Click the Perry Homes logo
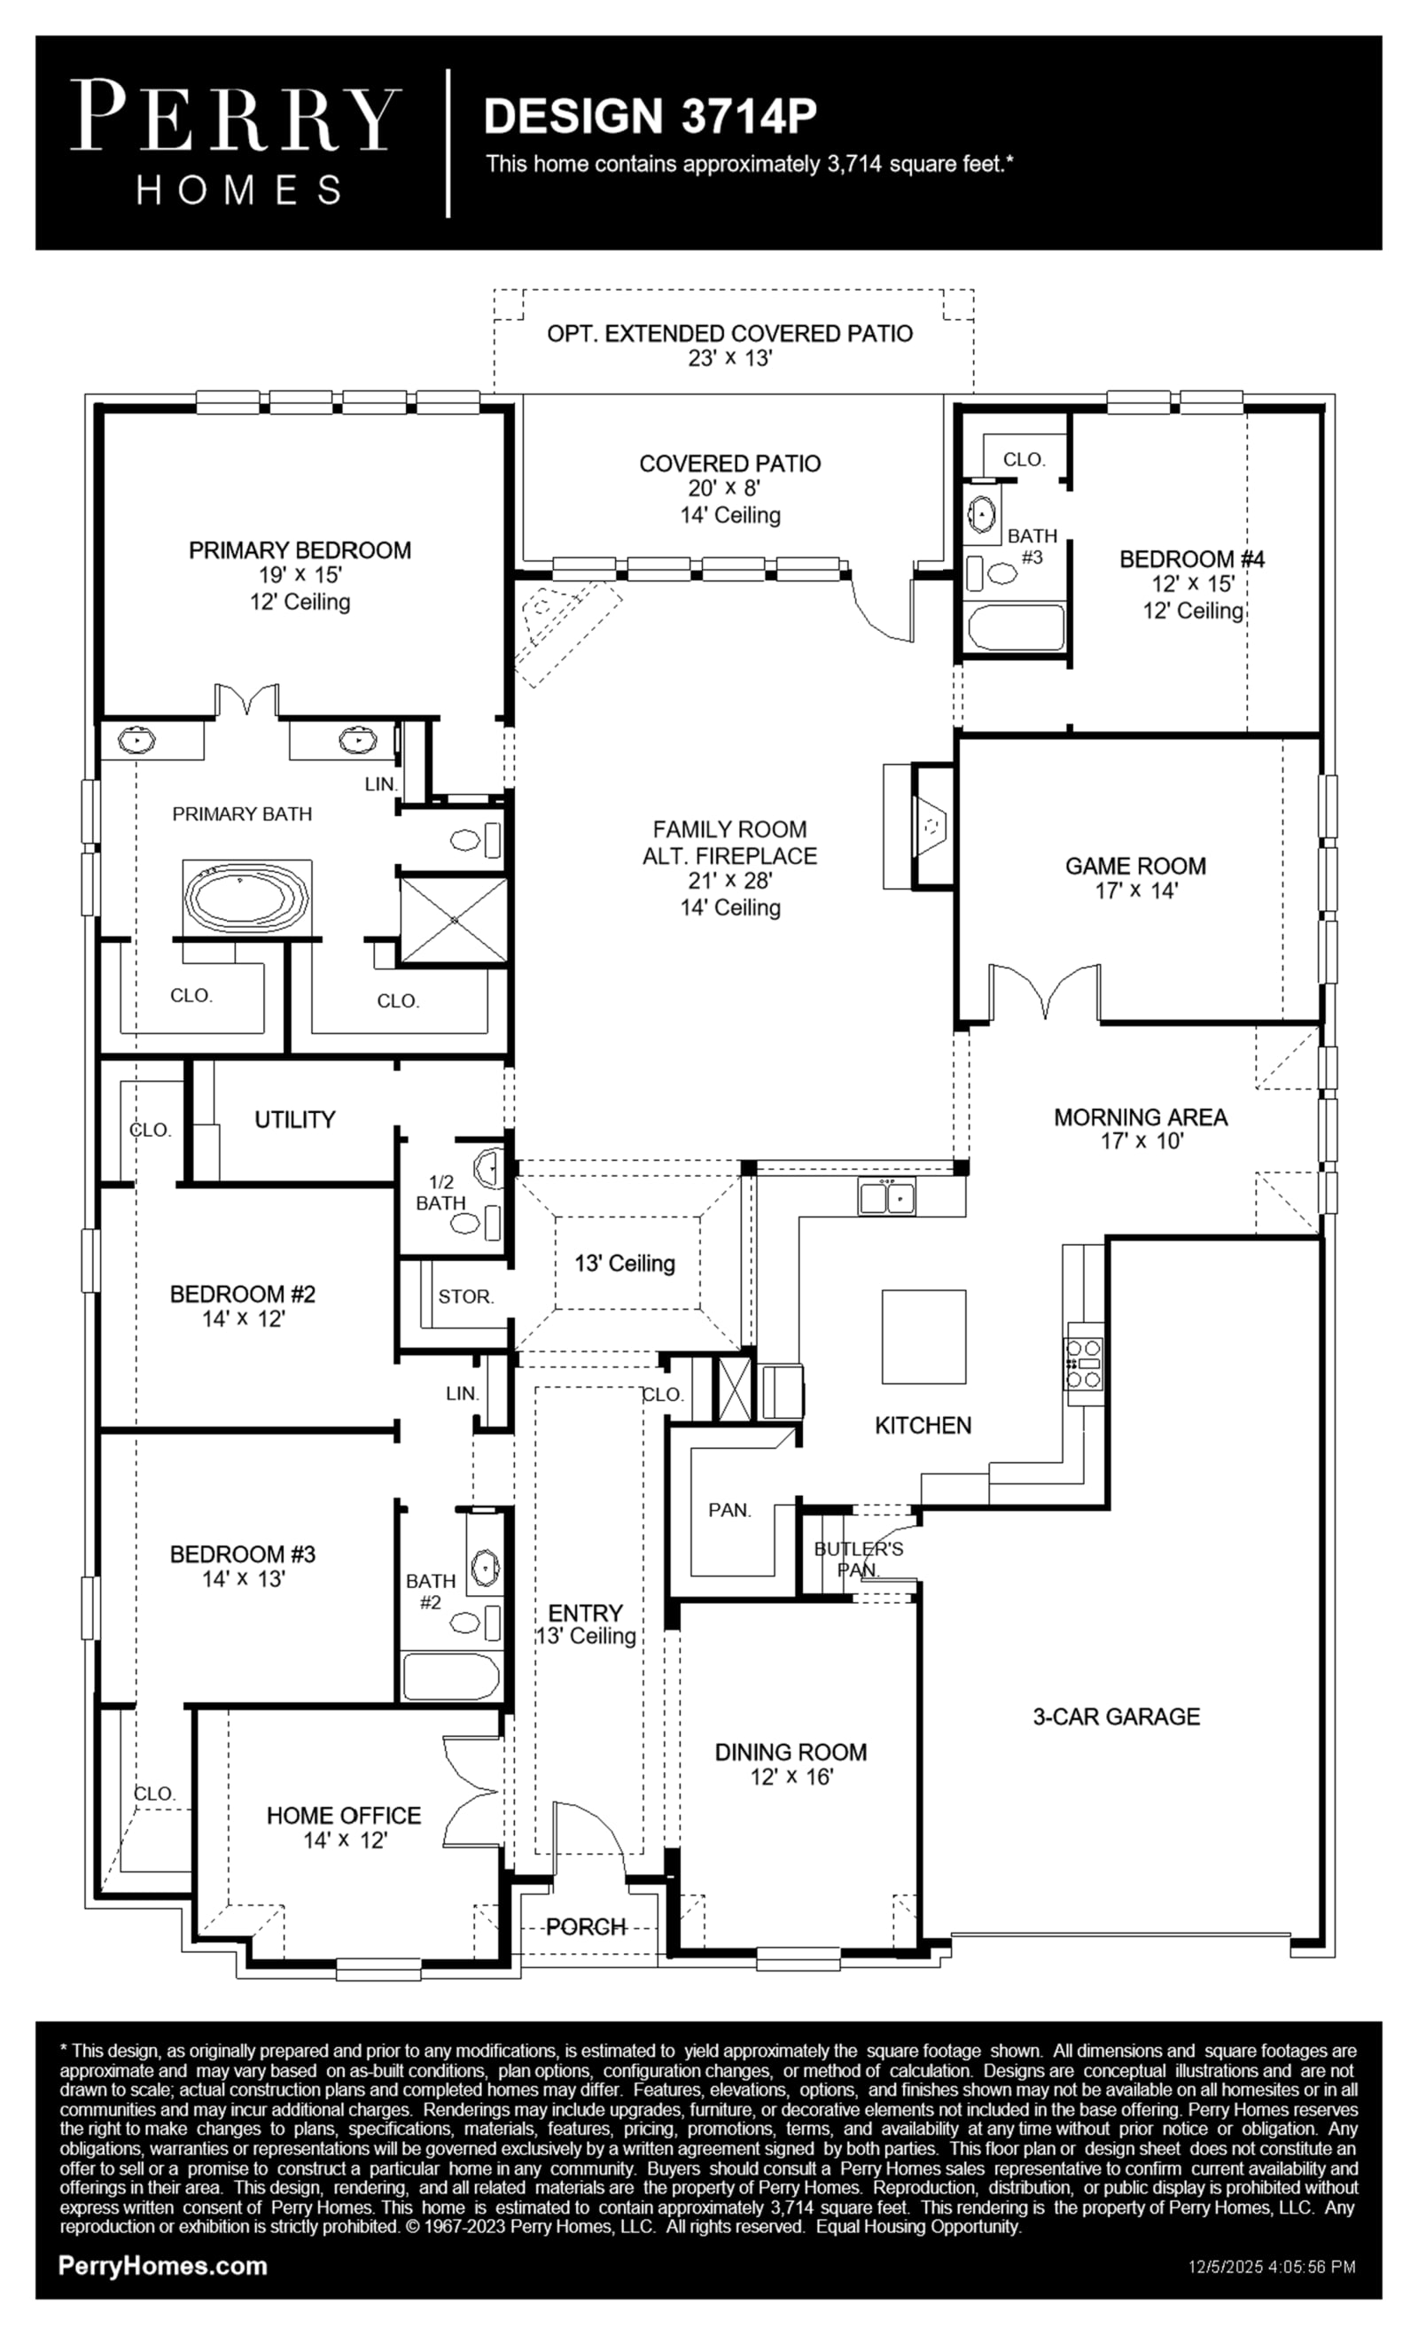point(235,142)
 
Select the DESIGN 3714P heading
point(651,117)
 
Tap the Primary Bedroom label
point(300,550)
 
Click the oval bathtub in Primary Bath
point(246,896)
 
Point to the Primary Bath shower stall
point(454,919)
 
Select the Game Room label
point(1135,866)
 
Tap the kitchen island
point(924,1337)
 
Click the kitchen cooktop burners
point(1085,1364)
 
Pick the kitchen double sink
point(887,1197)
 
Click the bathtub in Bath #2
point(451,1677)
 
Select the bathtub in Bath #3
point(1014,627)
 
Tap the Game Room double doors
point(1045,992)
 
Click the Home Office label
point(343,1816)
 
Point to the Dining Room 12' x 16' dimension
point(791,1777)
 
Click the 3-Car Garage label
point(1117,1716)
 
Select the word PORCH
point(586,1926)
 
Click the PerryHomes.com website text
point(163,2266)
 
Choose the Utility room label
point(295,1119)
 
